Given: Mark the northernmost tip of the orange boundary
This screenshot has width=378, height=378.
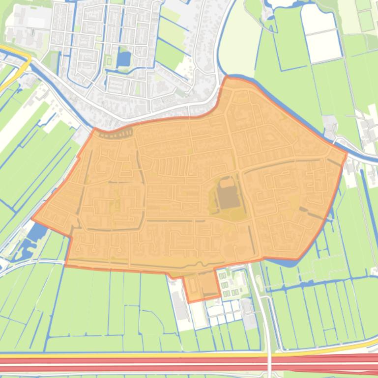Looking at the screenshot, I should (x=227, y=77).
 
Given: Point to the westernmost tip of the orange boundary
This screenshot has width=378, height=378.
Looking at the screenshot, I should (x=32, y=219).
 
